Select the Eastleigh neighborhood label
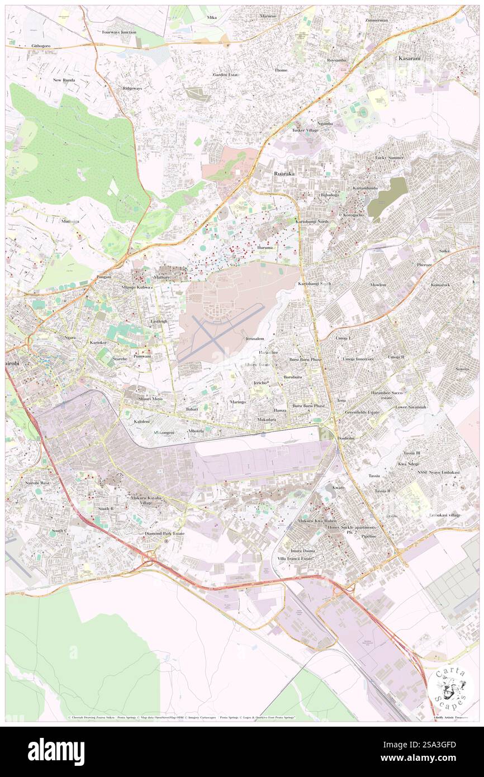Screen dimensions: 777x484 tap(159, 322)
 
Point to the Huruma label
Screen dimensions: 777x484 tap(265, 247)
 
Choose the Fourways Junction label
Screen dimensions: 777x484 tap(119, 32)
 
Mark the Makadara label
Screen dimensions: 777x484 tap(267, 419)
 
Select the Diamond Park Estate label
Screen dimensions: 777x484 tap(164, 533)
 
